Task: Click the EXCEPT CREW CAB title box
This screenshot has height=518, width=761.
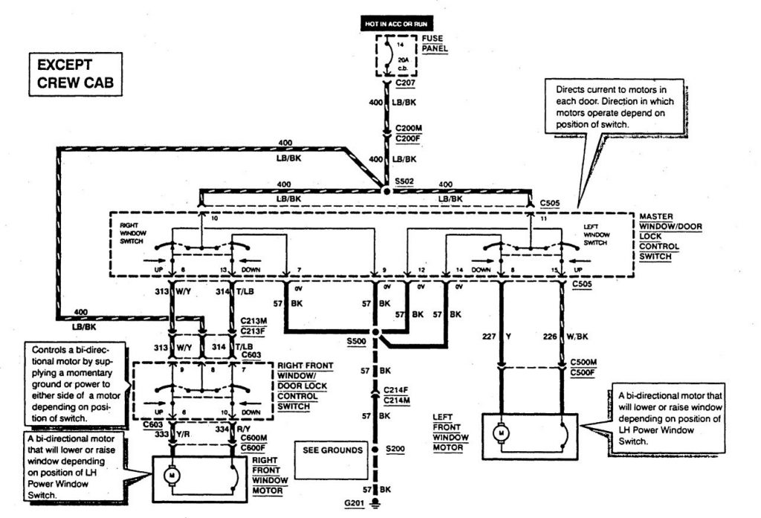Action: click(74, 74)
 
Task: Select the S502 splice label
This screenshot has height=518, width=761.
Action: click(404, 181)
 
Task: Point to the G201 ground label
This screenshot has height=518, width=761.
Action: click(354, 505)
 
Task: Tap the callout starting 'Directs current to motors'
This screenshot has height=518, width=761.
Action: click(606, 107)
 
